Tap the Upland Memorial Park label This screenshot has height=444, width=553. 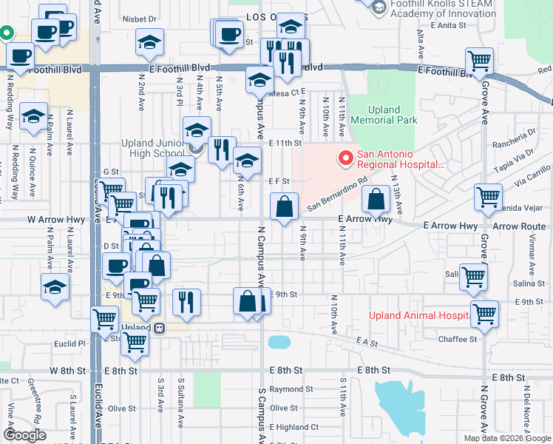384,115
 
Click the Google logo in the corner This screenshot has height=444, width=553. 24,434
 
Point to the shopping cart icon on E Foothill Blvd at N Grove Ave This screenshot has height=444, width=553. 480,60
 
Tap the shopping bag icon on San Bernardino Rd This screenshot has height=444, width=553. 376,198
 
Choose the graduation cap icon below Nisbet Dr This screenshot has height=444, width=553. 149,43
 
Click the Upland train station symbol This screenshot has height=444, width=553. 158,327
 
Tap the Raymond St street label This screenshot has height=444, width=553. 287,389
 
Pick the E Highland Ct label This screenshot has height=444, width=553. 294,427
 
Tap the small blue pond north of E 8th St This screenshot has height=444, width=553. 279,342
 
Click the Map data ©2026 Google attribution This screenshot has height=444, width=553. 506,438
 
